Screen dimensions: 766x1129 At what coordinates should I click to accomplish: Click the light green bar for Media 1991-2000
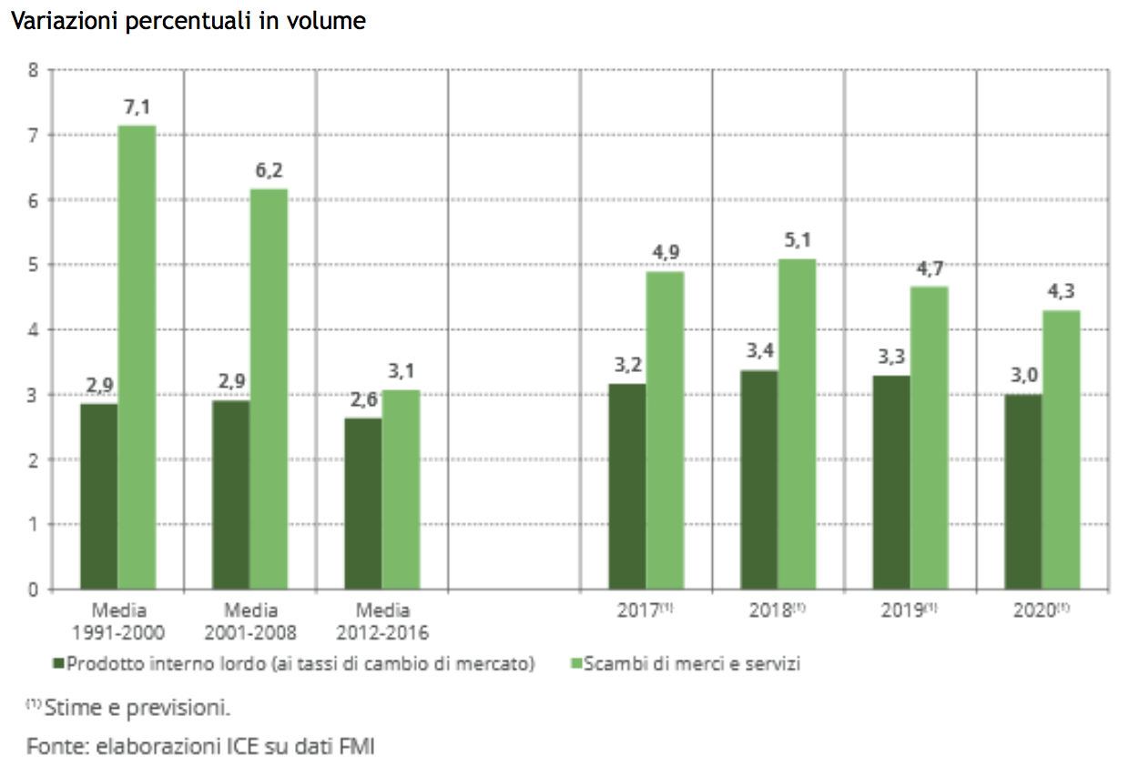pos(137,357)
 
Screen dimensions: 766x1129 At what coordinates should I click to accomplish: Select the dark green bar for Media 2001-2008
pos(230,495)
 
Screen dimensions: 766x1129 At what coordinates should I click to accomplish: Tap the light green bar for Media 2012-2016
pos(401,489)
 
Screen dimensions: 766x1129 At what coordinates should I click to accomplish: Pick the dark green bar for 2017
pos(627,486)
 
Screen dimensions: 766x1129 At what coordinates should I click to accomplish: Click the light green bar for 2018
pos(797,424)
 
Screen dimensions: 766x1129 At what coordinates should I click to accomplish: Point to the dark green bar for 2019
pos(891,482)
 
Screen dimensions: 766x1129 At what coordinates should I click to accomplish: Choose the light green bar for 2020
pos(1061,449)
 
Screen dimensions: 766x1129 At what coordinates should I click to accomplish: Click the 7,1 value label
pos(137,108)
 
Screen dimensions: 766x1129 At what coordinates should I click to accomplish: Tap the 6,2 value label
pos(269,170)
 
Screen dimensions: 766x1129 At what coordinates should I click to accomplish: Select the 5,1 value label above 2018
pos(797,241)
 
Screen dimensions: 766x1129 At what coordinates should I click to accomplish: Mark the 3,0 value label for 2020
pos(1023,376)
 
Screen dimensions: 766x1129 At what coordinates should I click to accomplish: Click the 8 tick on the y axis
pos(33,70)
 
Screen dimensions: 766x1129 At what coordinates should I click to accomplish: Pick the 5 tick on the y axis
pos(33,265)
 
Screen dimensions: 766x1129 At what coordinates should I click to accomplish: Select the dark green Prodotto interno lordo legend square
pos(60,664)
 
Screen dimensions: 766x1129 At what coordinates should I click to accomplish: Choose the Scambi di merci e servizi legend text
pos(692,664)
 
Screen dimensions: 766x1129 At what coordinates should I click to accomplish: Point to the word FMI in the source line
pos(356,747)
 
